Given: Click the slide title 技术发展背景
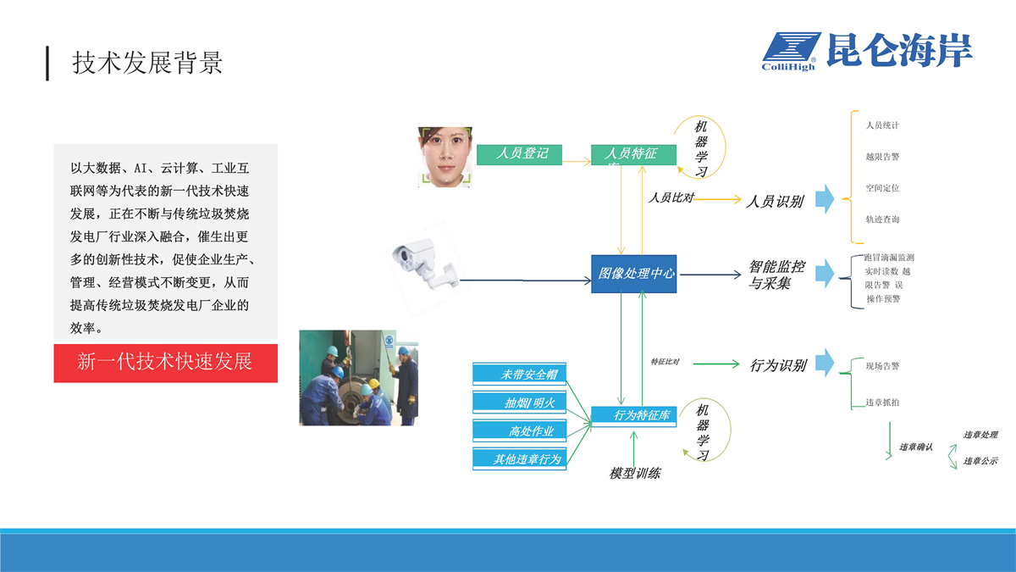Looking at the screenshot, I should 147,63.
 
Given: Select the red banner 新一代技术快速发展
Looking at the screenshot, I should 165,362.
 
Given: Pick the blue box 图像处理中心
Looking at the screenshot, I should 633,274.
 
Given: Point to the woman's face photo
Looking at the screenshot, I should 444,155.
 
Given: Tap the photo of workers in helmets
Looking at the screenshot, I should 359,377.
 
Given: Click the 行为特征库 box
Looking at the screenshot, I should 633,415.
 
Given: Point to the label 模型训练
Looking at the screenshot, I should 634,474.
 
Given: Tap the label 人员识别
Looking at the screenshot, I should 774,201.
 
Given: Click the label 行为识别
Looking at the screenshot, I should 778,366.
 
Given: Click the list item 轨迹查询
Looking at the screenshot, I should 882,219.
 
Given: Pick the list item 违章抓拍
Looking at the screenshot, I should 882,403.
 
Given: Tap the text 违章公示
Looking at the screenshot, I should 980,461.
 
